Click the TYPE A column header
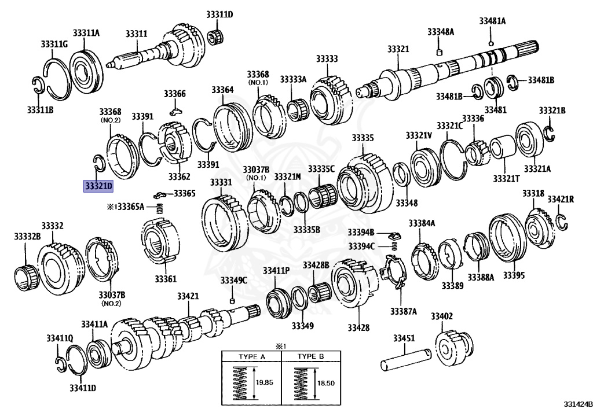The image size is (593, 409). pyautogui.click(x=251, y=356)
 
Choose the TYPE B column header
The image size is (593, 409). pyautogui.click(x=310, y=356)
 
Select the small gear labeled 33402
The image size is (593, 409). pyautogui.click(x=453, y=348)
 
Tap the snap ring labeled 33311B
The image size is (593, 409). pyautogui.click(x=38, y=85)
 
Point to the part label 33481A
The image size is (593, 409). pyautogui.click(x=492, y=21)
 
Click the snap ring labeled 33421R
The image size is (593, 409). pyautogui.click(x=560, y=220)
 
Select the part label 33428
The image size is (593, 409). pyautogui.click(x=358, y=328)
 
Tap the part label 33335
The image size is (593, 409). pyautogui.click(x=363, y=138)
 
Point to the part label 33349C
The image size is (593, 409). pyautogui.click(x=233, y=281)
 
